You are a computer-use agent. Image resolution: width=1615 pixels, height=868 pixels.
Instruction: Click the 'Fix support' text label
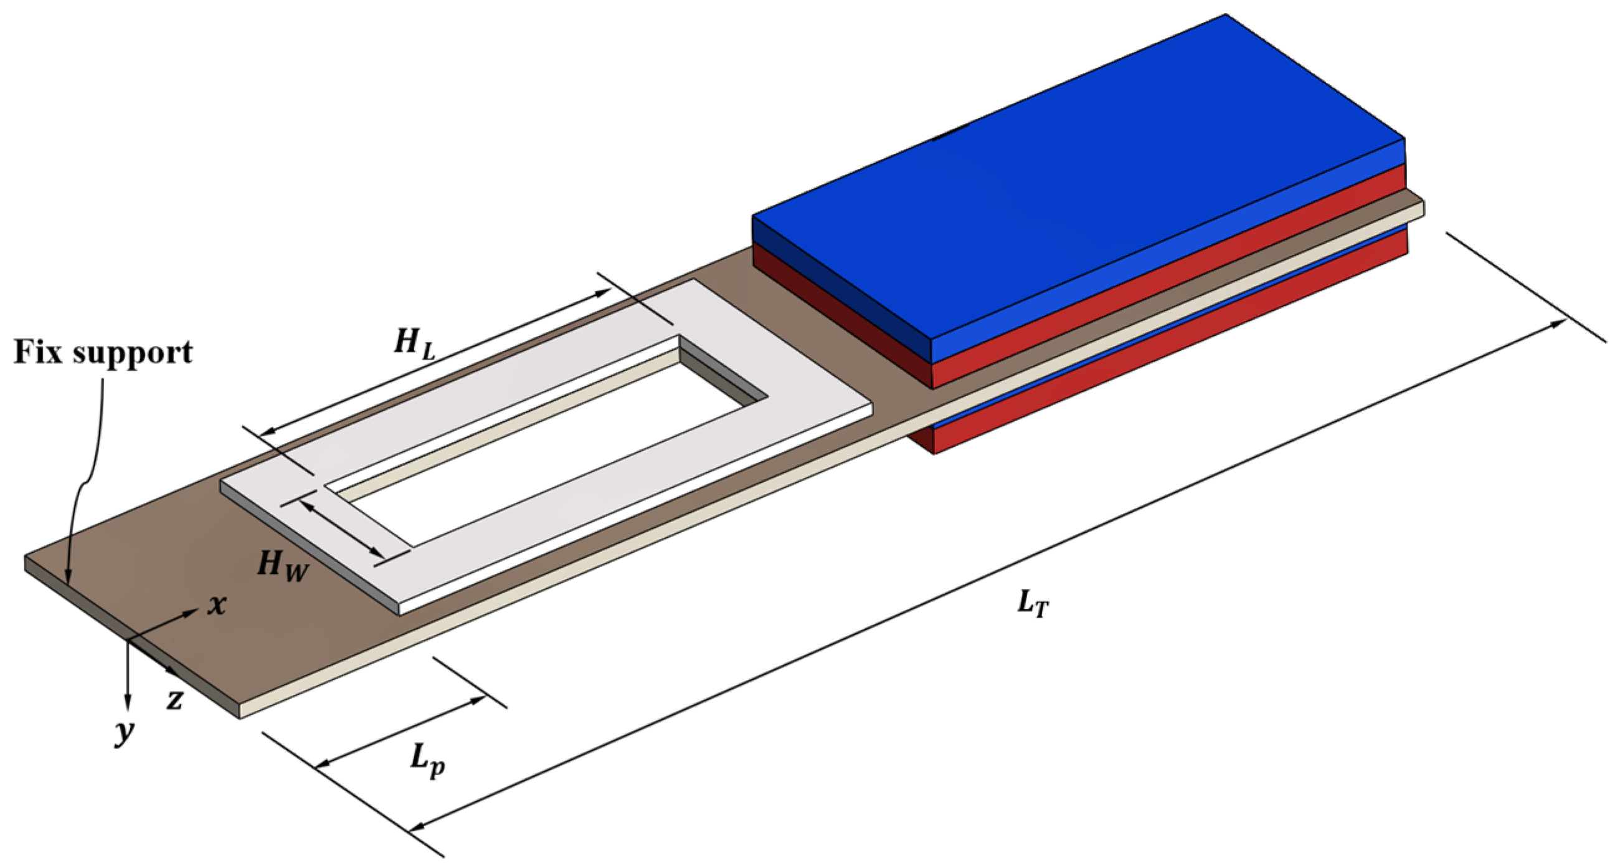click(x=103, y=353)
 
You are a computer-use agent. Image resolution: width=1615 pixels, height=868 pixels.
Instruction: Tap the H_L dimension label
click(x=414, y=345)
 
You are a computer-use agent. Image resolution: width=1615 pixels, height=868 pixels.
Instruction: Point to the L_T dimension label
click(x=1032, y=605)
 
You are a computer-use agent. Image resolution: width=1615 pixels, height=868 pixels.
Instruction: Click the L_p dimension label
click(x=429, y=761)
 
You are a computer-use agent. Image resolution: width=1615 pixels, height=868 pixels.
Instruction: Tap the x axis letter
click(x=217, y=605)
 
